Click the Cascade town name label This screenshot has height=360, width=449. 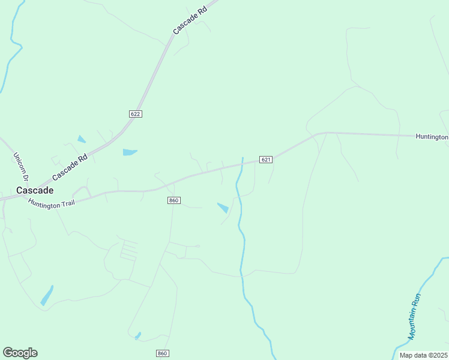(35, 190)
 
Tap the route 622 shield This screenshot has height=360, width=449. (135, 114)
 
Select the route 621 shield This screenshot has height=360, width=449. (267, 159)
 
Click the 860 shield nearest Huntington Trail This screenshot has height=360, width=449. (174, 200)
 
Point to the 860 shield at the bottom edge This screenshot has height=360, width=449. (162, 353)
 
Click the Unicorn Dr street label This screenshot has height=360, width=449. (20, 166)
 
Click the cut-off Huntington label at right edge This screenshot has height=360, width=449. (432, 137)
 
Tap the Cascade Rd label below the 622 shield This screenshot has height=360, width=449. (70, 167)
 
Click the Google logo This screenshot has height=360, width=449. (20, 353)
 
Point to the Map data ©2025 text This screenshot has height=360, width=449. (424, 355)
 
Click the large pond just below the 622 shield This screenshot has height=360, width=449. (130, 152)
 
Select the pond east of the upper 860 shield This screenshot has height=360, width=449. (223, 208)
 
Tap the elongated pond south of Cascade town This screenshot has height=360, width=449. (47, 296)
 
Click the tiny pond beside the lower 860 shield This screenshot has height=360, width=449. (138, 335)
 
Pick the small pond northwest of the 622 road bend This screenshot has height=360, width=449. (81, 139)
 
